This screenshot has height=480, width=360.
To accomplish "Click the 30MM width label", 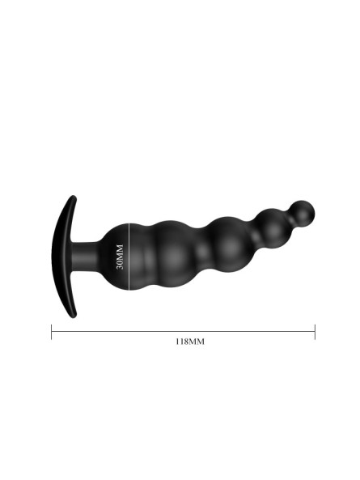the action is pos(120,257).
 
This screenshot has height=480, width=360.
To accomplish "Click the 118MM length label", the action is pos(189,342).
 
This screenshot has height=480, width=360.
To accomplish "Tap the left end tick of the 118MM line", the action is pos(52,332).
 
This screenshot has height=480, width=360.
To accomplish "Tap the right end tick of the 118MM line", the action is pos(315,332).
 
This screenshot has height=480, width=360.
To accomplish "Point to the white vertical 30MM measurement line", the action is pos(129,257).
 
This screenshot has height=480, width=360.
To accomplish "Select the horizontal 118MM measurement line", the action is pos(183,332).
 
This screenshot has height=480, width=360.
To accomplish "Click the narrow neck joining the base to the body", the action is pos(85,257).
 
